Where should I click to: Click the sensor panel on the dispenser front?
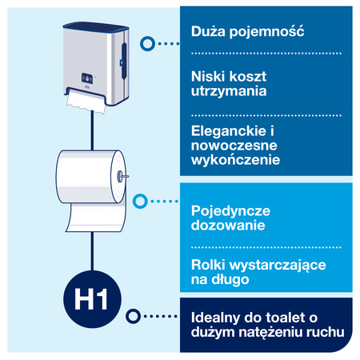[x=85, y=79]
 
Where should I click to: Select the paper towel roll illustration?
[x=90, y=178]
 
